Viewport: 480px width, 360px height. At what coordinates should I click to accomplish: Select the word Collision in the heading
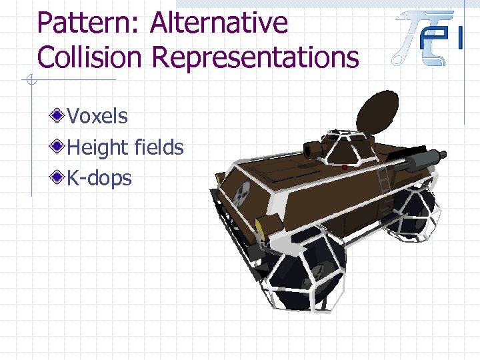point(89,57)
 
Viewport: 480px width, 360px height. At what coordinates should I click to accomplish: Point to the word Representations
point(255,59)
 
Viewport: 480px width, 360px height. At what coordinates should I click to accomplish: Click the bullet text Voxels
point(97,116)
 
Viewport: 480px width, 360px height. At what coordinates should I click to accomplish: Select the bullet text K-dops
point(100,178)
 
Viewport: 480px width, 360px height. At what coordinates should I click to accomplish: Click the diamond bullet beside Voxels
point(59,116)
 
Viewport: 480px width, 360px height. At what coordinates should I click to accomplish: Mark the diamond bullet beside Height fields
point(59,147)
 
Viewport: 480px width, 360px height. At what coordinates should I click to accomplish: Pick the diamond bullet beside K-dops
point(59,177)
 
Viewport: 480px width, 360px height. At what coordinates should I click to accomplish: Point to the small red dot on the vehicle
point(345,167)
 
